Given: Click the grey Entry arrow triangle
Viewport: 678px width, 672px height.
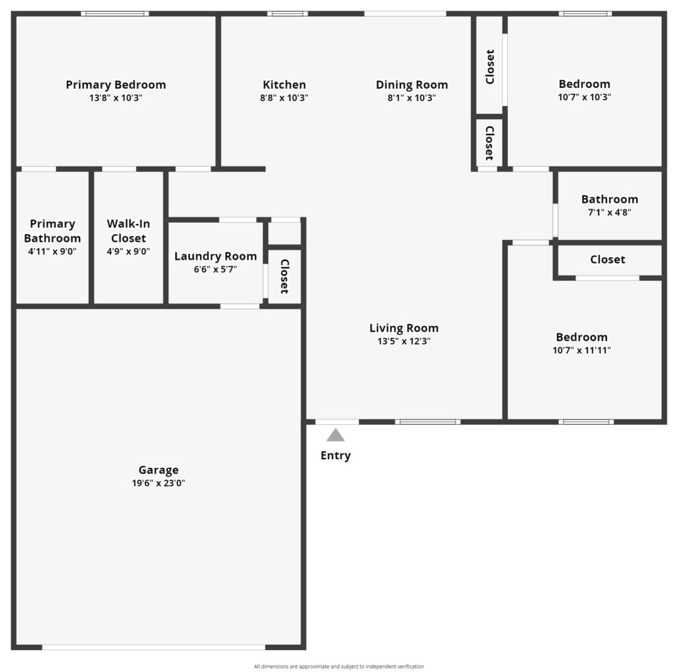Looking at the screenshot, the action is pos(336,435).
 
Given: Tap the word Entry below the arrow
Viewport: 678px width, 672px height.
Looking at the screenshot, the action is pos(336,456).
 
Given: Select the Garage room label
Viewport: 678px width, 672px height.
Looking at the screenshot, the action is pos(158,471).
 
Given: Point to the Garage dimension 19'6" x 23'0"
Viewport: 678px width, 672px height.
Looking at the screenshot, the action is pos(158,483).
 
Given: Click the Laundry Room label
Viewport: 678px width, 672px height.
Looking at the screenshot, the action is pos(215,256).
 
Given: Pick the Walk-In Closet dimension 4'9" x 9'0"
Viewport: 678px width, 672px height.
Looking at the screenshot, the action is pos(128,251).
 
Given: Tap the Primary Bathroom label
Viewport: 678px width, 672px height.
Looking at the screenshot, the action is pos(52,231).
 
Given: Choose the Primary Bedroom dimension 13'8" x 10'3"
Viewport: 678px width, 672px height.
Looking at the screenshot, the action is pos(115,98).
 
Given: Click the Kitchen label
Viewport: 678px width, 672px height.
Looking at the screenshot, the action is pos(284,85).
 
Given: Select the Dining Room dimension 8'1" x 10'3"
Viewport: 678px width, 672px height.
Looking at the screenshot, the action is pos(412,98).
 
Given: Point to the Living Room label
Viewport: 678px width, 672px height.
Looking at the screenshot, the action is pos(404,328).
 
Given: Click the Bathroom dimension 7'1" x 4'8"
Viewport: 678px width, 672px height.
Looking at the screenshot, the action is pos(610,213).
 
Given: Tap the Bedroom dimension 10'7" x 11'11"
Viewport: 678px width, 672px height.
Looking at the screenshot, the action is pos(581,351).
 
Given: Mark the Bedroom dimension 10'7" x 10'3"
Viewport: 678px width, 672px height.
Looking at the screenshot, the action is pos(584,97).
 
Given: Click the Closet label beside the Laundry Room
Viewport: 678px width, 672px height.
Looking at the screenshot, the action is pos(284,276).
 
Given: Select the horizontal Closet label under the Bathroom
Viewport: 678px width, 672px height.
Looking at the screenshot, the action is pos(608,260).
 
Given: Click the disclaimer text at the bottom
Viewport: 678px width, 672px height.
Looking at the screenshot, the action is pos(339,667).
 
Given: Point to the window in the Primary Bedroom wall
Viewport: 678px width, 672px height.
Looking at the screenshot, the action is pos(115,14).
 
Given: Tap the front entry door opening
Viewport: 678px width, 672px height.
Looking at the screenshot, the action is pos(337,422).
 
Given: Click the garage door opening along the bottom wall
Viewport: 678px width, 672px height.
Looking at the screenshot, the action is pos(154,647).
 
